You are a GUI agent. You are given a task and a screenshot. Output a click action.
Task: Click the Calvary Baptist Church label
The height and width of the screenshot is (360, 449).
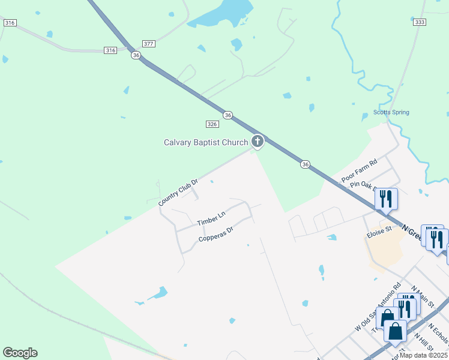click(x=206, y=142)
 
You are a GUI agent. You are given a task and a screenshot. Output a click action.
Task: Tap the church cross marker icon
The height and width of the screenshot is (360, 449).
click(x=258, y=142)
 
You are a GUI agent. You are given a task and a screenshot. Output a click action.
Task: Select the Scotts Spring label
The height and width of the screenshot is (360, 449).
click(x=391, y=112)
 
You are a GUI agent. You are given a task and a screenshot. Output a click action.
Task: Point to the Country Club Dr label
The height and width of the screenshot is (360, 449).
click(x=178, y=193)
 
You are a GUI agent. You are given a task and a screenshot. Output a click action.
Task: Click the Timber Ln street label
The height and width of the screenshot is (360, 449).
click(x=211, y=218)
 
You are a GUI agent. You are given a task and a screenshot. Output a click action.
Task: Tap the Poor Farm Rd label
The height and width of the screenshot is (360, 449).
click(x=359, y=171)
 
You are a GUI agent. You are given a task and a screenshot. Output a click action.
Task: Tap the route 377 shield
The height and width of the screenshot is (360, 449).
click(x=149, y=44)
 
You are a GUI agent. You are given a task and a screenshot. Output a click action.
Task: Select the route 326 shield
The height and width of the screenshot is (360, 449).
click(x=212, y=124)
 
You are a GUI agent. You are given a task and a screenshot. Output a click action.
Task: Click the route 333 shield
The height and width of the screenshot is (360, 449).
click(x=420, y=22)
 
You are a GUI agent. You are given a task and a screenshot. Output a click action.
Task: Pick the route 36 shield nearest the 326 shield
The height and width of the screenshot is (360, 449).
click(x=228, y=115)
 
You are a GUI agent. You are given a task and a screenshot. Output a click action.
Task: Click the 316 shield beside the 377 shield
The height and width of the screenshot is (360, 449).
click(x=110, y=50)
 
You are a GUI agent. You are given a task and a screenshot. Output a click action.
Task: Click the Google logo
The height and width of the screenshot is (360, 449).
click(x=20, y=353)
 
